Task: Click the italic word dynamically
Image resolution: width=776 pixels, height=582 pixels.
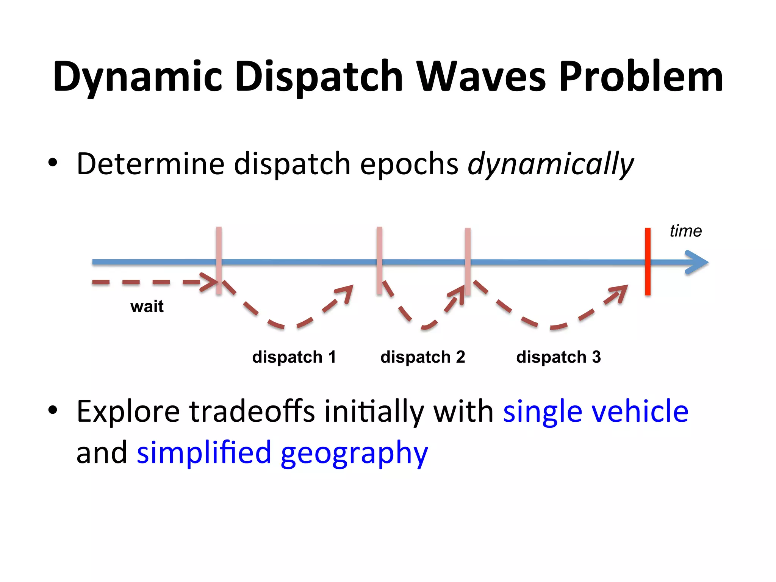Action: (x=551, y=164)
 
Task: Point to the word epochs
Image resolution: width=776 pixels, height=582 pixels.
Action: (x=409, y=164)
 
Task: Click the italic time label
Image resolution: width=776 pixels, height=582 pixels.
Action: (x=685, y=231)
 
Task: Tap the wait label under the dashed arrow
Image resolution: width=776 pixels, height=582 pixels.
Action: (x=147, y=306)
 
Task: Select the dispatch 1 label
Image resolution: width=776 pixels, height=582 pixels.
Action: (x=294, y=357)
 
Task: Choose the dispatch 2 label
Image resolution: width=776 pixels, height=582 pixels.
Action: (x=422, y=357)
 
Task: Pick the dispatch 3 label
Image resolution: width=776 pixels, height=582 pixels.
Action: (x=559, y=357)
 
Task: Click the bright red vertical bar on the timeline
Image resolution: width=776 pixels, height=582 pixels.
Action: (x=648, y=261)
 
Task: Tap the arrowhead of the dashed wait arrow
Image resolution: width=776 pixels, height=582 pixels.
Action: (x=210, y=282)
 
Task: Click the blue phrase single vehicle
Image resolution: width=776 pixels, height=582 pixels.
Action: (x=596, y=411)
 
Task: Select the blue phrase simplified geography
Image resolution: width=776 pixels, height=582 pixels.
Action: (x=282, y=453)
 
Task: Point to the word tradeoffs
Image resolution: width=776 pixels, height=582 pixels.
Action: (x=252, y=411)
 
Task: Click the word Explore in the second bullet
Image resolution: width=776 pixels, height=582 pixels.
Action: (x=128, y=411)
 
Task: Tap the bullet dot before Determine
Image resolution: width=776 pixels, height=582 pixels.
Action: (x=53, y=163)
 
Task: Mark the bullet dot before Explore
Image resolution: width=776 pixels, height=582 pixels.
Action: (x=53, y=410)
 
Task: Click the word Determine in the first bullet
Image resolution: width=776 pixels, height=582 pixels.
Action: (x=150, y=164)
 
